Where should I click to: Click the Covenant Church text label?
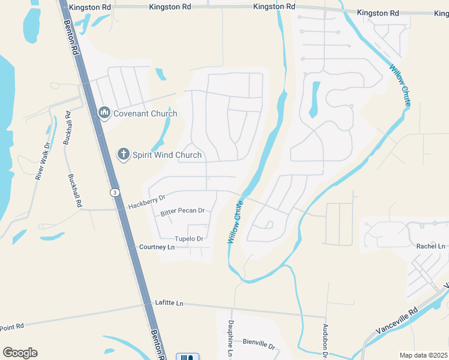click(x=146, y=113)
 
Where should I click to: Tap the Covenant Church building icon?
click(x=104, y=113)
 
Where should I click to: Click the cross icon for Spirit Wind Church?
click(x=123, y=154)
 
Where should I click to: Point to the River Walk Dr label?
click(x=42, y=161)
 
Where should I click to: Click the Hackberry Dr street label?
click(x=146, y=201)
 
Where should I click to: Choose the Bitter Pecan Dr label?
click(x=182, y=212)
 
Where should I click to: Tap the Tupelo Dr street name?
click(x=189, y=239)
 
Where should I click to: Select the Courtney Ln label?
click(x=157, y=247)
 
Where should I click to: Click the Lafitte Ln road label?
click(x=169, y=303)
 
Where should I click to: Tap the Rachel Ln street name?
click(x=431, y=246)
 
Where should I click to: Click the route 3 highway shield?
click(x=113, y=192)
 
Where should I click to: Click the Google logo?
click(x=20, y=352)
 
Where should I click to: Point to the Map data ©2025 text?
click(x=423, y=355)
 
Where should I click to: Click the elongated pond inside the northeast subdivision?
click(x=314, y=99)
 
